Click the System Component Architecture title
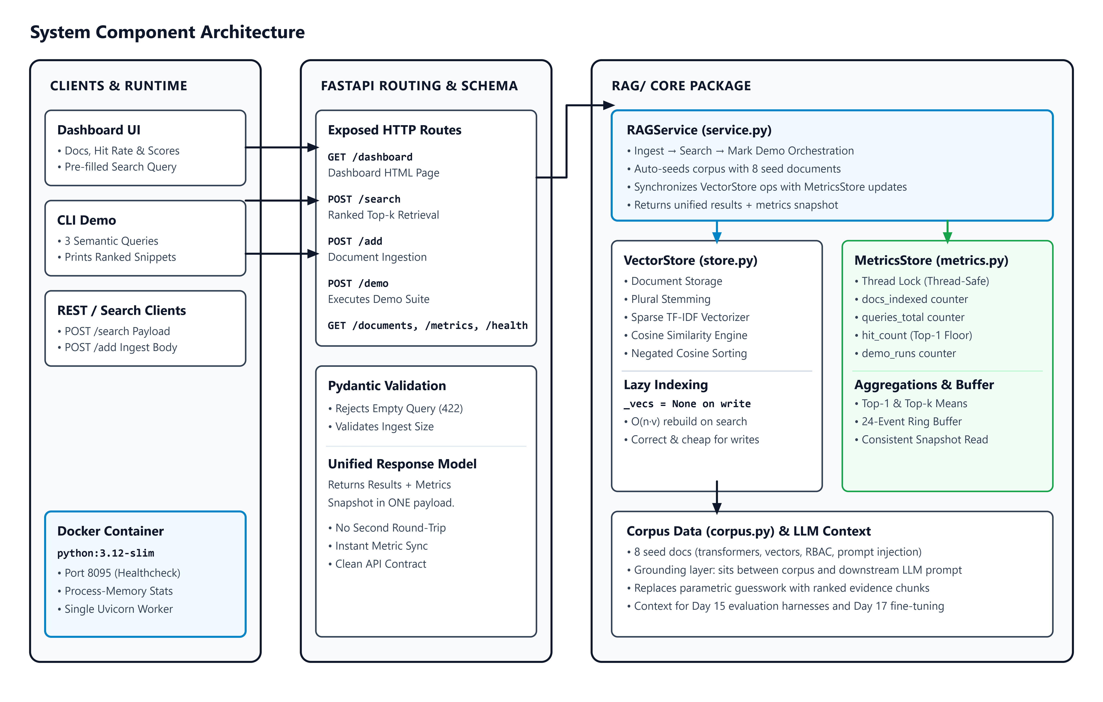167,32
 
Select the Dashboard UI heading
99,130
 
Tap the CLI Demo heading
87,220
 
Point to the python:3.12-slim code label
106,553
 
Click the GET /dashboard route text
370,157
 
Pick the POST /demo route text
358,284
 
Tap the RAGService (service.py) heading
699,130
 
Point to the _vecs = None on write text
687,404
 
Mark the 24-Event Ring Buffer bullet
908,422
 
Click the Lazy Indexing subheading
666,385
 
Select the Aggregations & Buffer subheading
924,385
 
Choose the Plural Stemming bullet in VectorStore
667,299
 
